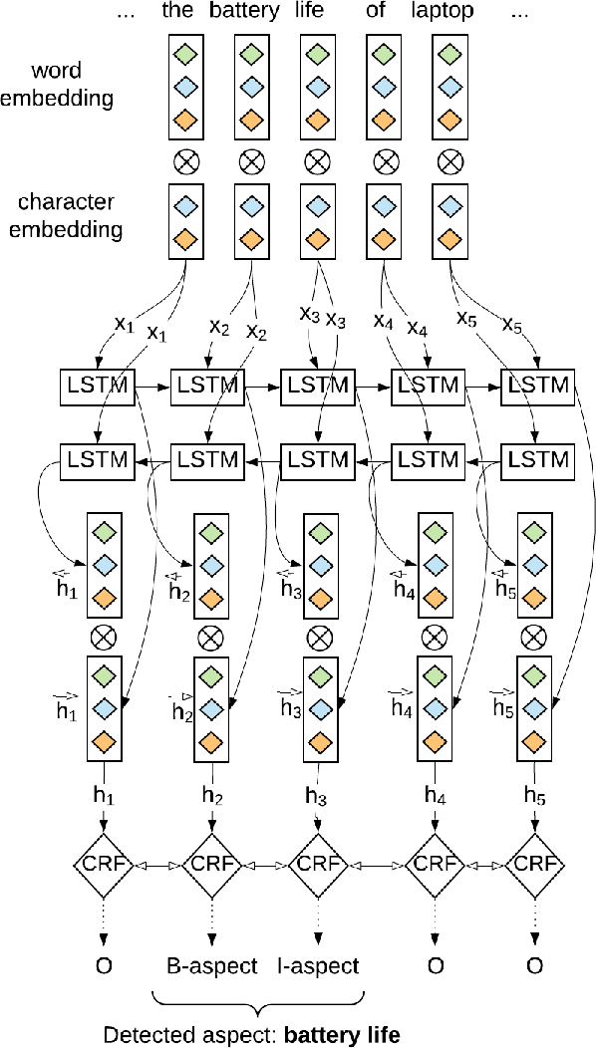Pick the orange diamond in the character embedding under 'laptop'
[x=450, y=238]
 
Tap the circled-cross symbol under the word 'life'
[x=317, y=159]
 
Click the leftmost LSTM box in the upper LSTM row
[x=98, y=386]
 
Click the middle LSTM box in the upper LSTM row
[x=318, y=386]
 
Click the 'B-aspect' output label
[x=210, y=965]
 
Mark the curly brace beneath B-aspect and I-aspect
[x=259, y=999]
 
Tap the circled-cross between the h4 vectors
[x=432, y=636]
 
